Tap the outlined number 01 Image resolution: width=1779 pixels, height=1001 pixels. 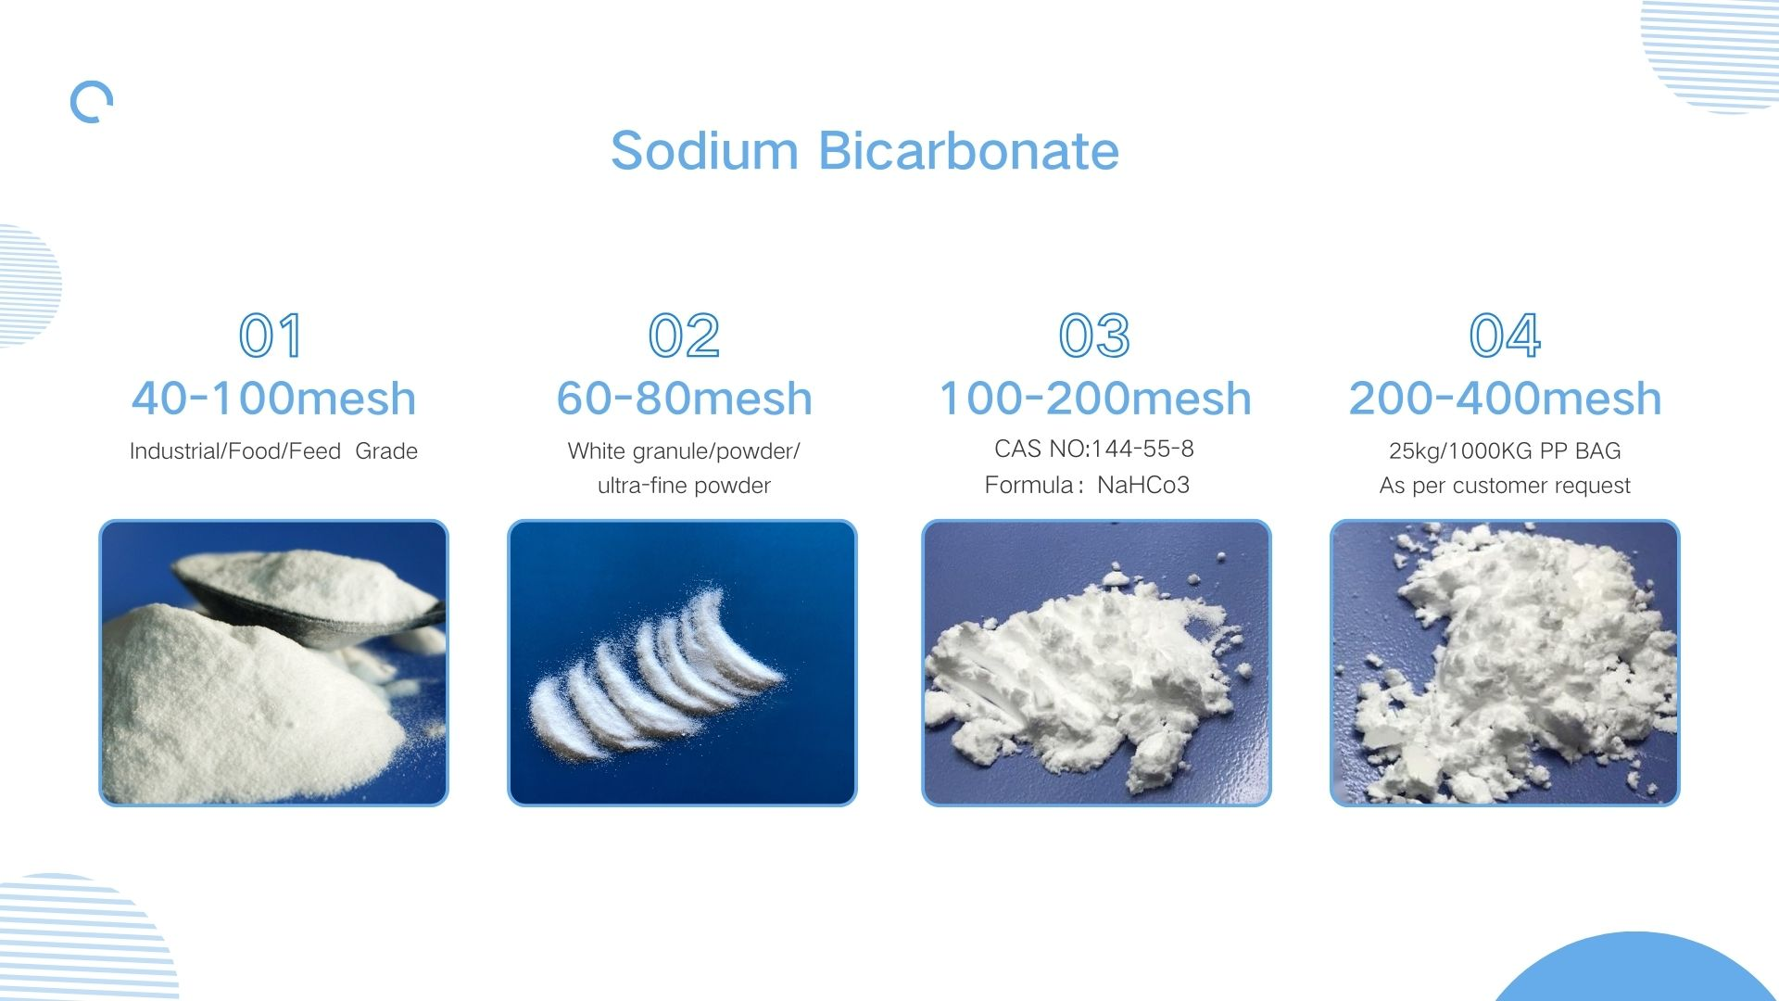271,336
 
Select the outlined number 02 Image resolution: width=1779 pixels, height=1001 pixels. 684,336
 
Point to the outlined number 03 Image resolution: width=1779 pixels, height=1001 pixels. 1094,336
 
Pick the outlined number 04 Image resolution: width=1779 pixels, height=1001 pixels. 1505,336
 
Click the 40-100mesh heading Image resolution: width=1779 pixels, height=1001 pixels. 273,399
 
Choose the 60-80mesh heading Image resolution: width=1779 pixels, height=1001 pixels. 684,399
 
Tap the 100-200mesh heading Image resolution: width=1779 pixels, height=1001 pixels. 1095,399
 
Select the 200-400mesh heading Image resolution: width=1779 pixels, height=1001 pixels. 1505,399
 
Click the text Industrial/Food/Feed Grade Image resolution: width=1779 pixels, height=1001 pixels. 273,451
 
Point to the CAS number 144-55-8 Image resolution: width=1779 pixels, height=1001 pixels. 1142,450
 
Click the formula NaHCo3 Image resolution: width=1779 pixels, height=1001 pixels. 1142,486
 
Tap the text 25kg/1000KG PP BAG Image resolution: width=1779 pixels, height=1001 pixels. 1505,451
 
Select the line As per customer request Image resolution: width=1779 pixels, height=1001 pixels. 1505,486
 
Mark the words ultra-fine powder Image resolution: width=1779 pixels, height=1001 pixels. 684,486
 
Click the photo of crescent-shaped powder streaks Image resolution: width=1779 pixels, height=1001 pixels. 682,663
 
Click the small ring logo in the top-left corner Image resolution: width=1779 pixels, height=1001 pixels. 92,102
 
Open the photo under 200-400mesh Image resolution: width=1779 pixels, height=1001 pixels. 1505,663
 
